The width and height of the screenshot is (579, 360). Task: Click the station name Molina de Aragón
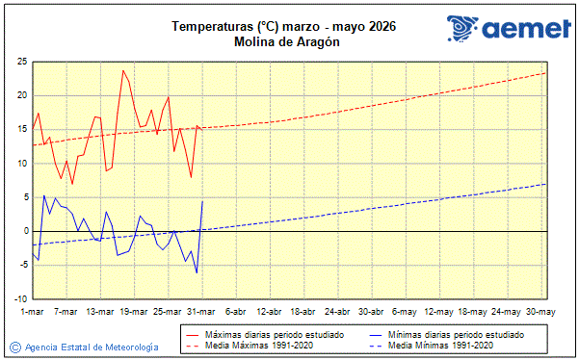coord(287,41)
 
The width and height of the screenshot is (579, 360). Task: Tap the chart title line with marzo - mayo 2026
coord(287,26)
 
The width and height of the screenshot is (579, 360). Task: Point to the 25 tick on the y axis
coord(20,62)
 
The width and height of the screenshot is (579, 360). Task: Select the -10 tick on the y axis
coord(18,298)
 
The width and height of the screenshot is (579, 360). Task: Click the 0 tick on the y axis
coord(24,231)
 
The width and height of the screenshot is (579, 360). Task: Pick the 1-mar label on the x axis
coord(33,312)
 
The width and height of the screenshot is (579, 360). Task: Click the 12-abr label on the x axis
coord(269,312)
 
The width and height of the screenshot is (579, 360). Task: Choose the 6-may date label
coord(405,312)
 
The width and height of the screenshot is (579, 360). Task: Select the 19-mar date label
coord(134,312)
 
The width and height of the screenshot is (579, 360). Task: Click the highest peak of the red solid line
coord(123,70)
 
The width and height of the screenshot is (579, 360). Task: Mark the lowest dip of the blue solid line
coord(197,273)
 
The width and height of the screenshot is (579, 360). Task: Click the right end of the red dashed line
coord(546,73)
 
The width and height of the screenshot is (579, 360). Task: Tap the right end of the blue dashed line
coord(546,184)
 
